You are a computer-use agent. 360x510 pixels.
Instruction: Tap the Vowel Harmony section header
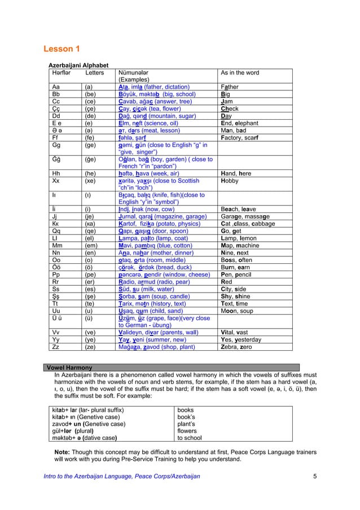pos(71,367)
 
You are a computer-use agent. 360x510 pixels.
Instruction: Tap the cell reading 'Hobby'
pos(231,181)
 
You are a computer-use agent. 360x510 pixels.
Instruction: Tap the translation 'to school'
pos(190,438)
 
